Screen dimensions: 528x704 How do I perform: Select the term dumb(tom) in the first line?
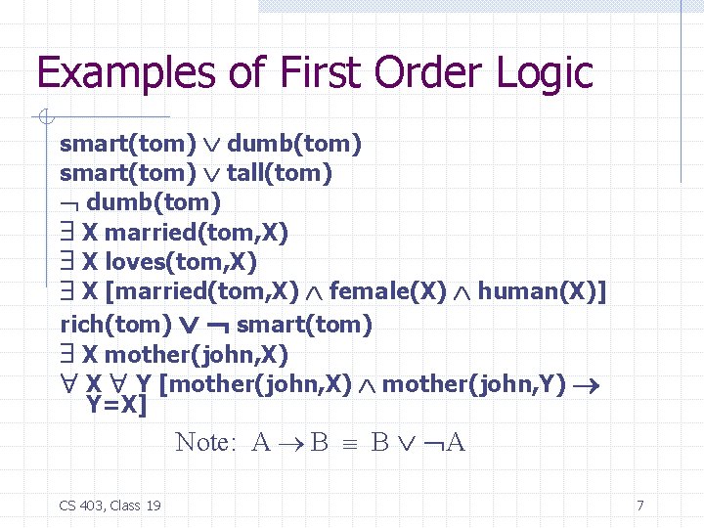click(x=294, y=145)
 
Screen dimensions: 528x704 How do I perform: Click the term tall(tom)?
click(x=280, y=174)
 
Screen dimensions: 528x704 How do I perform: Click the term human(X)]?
click(x=542, y=291)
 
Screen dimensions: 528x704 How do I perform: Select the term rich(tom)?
click(x=108, y=324)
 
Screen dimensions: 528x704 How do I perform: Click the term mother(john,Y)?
click(x=474, y=384)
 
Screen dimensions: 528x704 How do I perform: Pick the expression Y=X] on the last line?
click(x=115, y=403)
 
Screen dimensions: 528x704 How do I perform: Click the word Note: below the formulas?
click(x=205, y=442)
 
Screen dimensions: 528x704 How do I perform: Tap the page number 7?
click(x=639, y=506)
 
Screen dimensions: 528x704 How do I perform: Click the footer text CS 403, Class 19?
click(x=110, y=506)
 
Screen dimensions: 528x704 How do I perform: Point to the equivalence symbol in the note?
click(x=350, y=443)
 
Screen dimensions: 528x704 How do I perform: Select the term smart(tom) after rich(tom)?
click(x=304, y=324)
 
